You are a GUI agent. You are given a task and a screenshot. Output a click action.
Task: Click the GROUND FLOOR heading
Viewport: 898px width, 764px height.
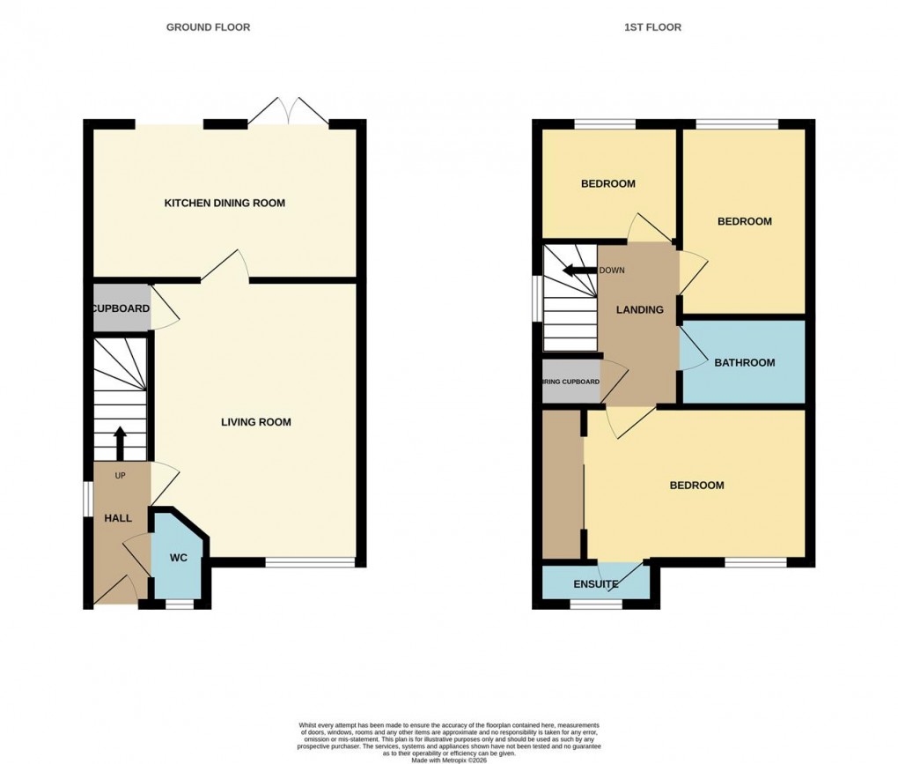[208, 27]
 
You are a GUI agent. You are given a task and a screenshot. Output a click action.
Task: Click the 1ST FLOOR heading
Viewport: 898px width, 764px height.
[652, 27]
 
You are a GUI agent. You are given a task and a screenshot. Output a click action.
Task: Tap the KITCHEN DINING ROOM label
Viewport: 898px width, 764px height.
[224, 204]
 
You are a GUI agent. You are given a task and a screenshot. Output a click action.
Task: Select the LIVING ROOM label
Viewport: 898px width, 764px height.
[255, 422]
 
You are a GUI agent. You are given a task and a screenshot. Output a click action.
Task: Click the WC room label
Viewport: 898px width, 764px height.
[179, 559]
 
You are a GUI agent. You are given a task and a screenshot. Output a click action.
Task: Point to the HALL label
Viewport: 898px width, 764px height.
[118, 518]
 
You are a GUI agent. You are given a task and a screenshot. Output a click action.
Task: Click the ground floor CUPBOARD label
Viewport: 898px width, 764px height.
[121, 308]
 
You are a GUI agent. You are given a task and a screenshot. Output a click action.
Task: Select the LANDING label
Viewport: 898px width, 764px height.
[639, 309]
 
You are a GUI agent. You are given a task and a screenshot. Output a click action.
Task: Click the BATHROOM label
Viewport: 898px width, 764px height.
[744, 362]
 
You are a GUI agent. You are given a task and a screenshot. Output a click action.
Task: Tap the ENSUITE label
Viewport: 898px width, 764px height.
[596, 584]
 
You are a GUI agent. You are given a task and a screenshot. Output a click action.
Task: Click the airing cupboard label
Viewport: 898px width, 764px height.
[570, 382]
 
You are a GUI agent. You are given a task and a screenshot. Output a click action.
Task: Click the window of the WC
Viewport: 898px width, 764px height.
[179, 605]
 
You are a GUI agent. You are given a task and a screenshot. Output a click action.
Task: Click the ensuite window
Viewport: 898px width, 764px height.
[595, 605]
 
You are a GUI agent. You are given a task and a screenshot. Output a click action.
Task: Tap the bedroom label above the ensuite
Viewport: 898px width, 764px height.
[696, 486]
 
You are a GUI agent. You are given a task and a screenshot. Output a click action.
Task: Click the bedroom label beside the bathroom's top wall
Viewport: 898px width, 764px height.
[744, 221]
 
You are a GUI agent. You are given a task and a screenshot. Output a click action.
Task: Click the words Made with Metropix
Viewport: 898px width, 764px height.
[447, 760]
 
